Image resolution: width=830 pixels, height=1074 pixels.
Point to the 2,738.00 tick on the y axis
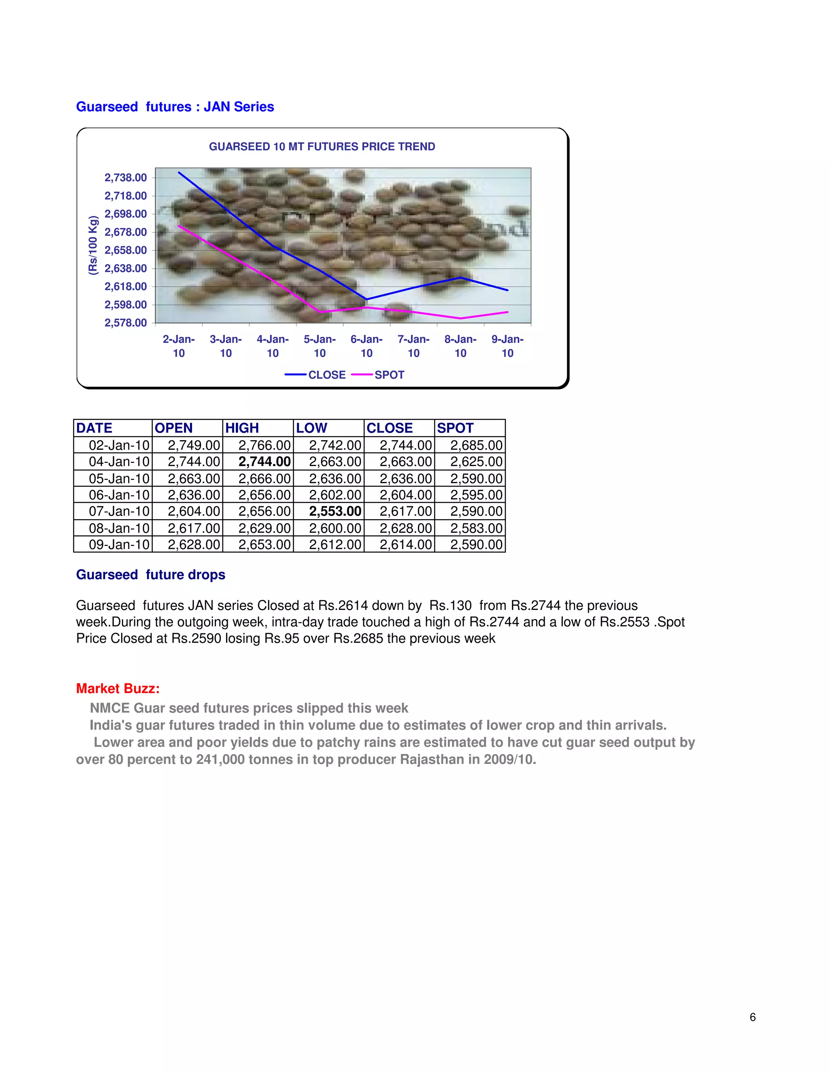[x=125, y=178]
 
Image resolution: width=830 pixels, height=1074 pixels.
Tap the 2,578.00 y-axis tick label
[x=125, y=323]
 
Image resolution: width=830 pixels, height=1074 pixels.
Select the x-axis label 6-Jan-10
[x=366, y=346]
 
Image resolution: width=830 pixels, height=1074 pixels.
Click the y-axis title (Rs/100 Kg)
[x=93, y=245]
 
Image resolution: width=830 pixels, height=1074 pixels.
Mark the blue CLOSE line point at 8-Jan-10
[x=460, y=278]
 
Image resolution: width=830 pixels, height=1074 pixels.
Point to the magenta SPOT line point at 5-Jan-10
[x=320, y=312]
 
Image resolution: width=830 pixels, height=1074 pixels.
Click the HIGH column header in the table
[x=242, y=428]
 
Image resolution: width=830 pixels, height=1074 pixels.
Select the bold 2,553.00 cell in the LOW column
[x=335, y=511]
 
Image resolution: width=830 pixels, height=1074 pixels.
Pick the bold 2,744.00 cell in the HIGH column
[x=265, y=462]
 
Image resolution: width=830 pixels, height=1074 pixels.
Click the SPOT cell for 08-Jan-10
[x=476, y=528]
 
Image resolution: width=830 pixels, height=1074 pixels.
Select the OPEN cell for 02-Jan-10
[x=194, y=445]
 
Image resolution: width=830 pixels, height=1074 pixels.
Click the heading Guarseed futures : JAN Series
[x=175, y=107]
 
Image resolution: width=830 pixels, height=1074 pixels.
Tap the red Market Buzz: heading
[x=118, y=689]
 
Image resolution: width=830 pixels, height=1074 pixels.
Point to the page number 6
[x=752, y=1017]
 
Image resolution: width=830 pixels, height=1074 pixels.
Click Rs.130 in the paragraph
[x=450, y=605]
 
